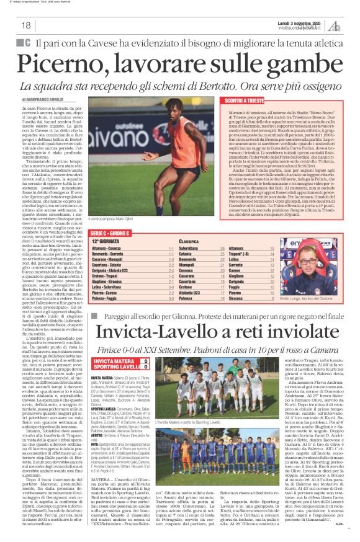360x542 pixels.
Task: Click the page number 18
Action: pos(27,25)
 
